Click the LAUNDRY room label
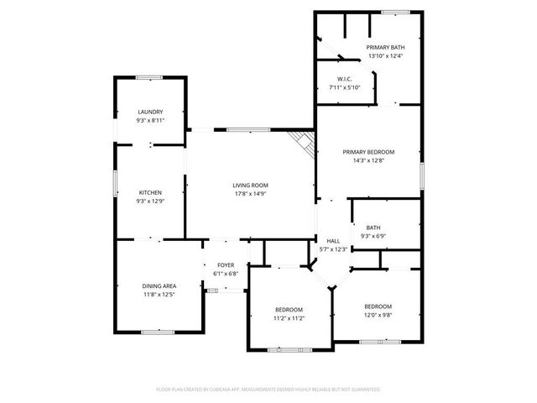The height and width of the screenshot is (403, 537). coord(150,112)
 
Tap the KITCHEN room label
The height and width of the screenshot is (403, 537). coord(150,192)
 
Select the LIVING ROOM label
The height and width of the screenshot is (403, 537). coord(250,185)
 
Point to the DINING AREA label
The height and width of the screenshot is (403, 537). coord(159,286)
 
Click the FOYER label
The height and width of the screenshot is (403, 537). coord(226,265)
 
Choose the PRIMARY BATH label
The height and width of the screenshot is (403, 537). coord(385,48)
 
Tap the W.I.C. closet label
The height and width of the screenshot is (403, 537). coord(345,79)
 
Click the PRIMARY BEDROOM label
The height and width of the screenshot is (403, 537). coord(368,152)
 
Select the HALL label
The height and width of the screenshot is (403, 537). coord(333,240)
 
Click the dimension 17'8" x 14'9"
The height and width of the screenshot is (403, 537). coord(250,194)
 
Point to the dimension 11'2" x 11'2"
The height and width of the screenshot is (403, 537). coord(289,318)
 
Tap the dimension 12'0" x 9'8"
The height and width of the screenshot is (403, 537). coord(378,315)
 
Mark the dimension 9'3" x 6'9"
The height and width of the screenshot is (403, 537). coord(373,236)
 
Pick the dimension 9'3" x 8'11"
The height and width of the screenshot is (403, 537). coord(150,120)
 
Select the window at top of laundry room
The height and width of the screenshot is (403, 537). coord(149,77)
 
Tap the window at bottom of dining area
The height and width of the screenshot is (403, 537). coord(158,332)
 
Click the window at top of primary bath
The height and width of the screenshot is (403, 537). coord(395,12)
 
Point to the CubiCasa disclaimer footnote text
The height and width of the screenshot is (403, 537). coord(268,390)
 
